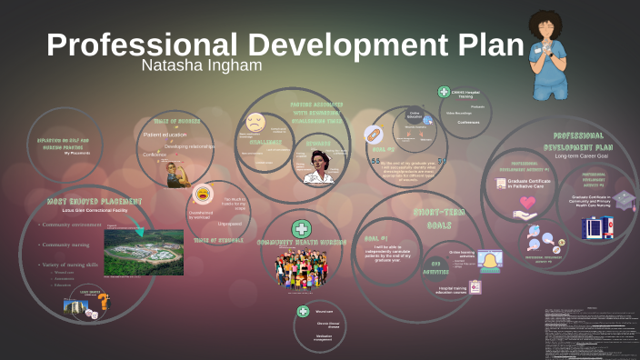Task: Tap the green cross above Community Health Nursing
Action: pos(300,229)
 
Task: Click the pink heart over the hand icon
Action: pos(525,215)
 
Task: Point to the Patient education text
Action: pos(165,135)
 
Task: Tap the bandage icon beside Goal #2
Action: pos(374,135)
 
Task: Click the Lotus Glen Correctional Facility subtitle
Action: pos(86,210)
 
